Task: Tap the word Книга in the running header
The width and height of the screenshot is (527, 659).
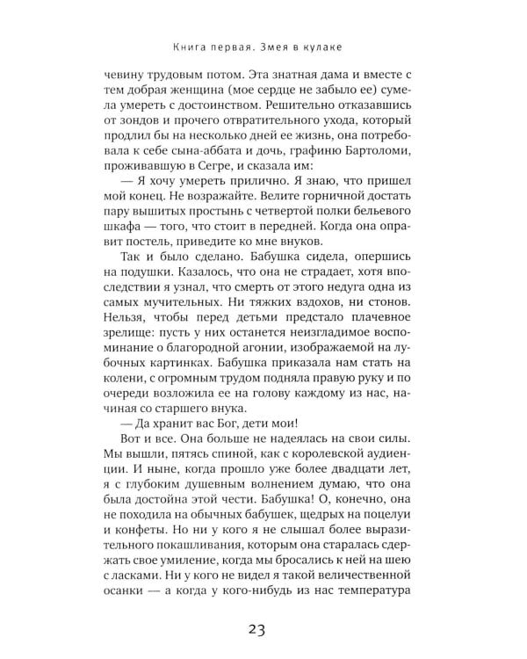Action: click(x=174, y=46)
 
